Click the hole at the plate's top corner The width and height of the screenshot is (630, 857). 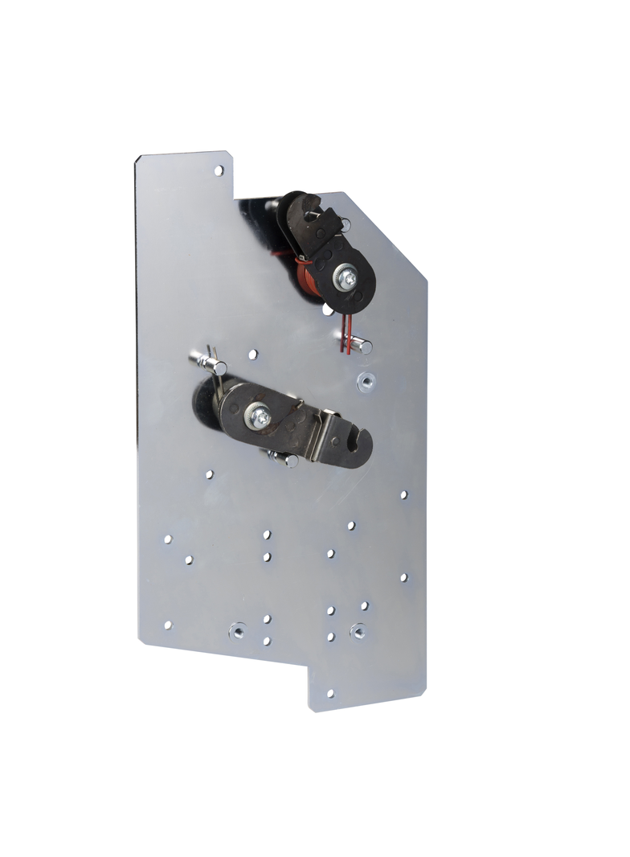pos(218,170)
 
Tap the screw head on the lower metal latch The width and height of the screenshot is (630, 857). pos(261,417)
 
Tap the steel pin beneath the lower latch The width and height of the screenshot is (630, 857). pos(285,460)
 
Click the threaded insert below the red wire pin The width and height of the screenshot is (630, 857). pos(365,381)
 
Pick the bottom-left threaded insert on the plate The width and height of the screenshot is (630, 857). pos(237,631)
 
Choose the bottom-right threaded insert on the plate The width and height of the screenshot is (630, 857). pos(358,631)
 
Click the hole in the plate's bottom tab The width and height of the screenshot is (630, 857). pos(329,692)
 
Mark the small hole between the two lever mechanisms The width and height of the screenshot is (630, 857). pos(253,354)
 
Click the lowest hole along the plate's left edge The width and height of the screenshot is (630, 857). pos(168,624)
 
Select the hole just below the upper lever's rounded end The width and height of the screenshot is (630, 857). pos(327,309)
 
